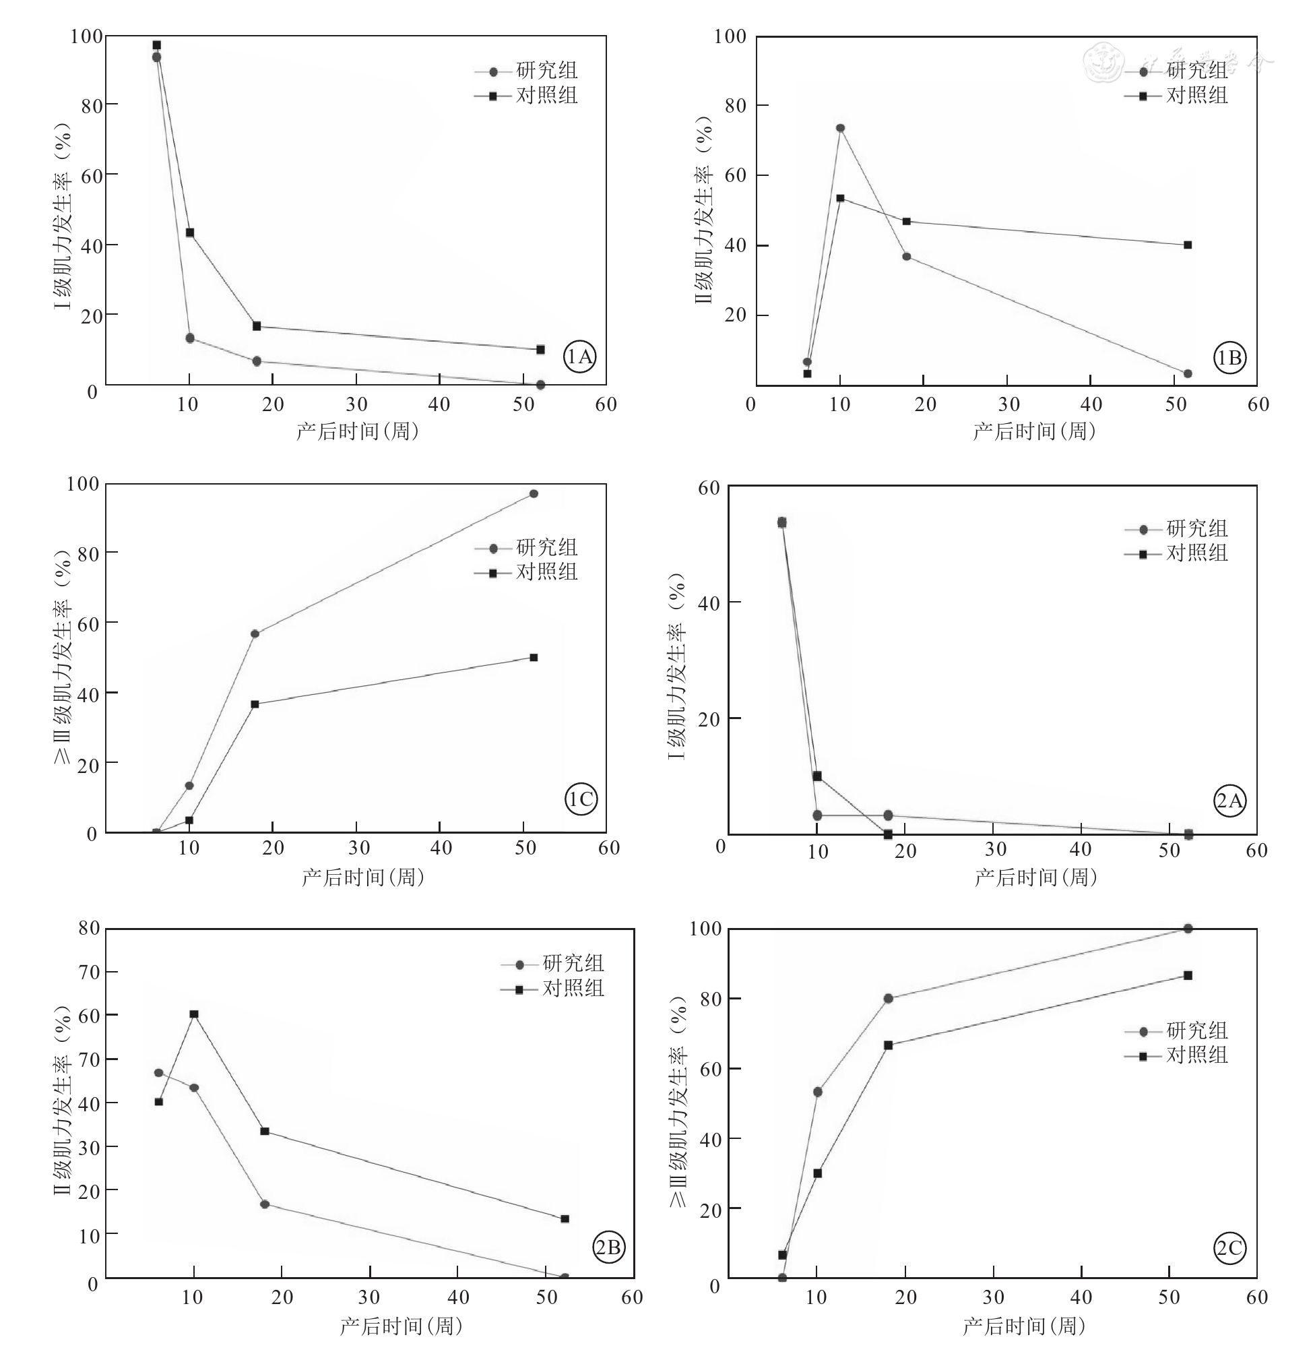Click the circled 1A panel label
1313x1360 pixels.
[x=580, y=357]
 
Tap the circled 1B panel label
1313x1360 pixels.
[x=1229, y=357]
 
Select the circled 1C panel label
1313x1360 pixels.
[x=581, y=799]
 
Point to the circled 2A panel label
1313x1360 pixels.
[x=1229, y=801]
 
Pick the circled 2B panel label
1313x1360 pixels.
[x=608, y=1247]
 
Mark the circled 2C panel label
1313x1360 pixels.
[x=1229, y=1248]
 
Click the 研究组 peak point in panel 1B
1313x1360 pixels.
[x=840, y=127]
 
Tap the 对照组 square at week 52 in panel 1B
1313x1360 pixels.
[x=1188, y=245]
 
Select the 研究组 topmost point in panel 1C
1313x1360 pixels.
[x=534, y=493]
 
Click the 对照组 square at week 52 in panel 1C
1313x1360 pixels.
[x=534, y=657]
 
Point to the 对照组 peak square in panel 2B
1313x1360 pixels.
[x=194, y=1014]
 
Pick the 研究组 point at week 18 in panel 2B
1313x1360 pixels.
[x=264, y=1204]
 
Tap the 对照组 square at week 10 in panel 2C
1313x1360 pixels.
[x=817, y=1173]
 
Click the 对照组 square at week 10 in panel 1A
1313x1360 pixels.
[x=189, y=233]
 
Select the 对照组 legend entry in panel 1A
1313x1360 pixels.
[x=527, y=96]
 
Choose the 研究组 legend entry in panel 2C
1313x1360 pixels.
[x=1177, y=1030]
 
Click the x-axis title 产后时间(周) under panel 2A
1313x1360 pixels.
[x=1035, y=877]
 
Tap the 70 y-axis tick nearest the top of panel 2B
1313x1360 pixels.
[x=90, y=972]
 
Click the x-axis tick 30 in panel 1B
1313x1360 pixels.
[x=1008, y=404]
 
